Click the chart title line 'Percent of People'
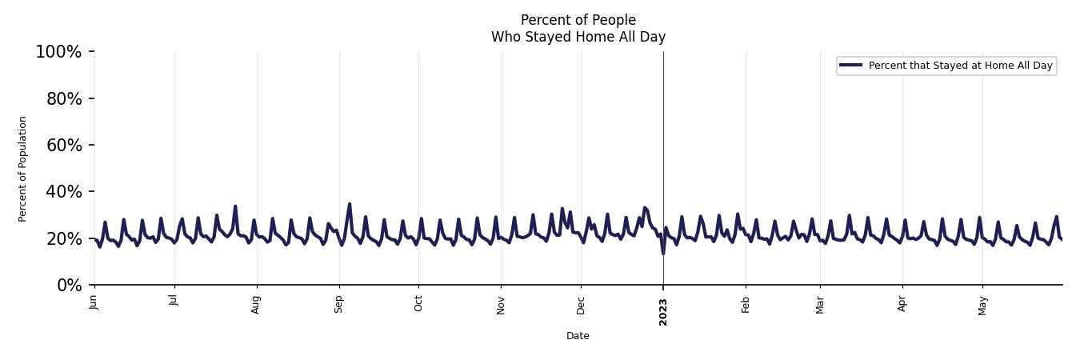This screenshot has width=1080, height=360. pyautogui.click(x=578, y=20)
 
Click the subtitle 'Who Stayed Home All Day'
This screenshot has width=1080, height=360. pyautogui.click(x=578, y=37)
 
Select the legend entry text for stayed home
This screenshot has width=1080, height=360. pyautogui.click(x=960, y=66)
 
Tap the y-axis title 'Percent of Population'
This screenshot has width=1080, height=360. pyautogui.click(x=23, y=169)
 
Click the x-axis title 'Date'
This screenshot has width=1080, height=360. pyautogui.click(x=578, y=336)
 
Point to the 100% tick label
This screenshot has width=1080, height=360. pyautogui.click(x=58, y=52)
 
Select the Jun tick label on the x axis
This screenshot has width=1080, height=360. pyautogui.click(x=94, y=302)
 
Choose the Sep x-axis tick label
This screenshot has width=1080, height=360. pyautogui.click(x=339, y=303)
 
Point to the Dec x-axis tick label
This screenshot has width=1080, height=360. pyautogui.click(x=581, y=303)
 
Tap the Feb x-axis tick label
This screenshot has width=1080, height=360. pyautogui.click(x=746, y=303)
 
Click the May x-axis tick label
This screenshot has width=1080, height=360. pyautogui.click(x=982, y=304)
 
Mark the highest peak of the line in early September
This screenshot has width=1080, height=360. pyautogui.click(x=350, y=204)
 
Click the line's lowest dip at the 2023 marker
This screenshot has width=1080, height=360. pyautogui.click(x=662, y=253)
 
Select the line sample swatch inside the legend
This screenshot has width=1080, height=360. pyautogui.click(x=851, y=66)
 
